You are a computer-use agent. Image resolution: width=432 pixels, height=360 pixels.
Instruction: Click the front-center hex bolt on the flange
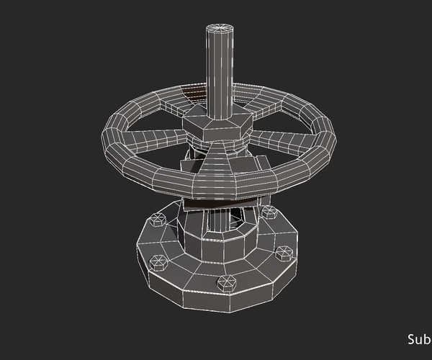click(225, 282)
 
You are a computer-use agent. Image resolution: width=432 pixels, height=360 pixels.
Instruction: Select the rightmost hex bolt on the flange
click(284, 253)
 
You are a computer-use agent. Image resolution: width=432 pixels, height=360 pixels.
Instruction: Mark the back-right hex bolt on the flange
click(269, 212)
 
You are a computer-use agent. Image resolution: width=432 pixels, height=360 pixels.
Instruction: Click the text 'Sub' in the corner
click(418, 339)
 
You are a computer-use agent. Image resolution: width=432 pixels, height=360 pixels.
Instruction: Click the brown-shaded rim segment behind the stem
click(193, 92)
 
